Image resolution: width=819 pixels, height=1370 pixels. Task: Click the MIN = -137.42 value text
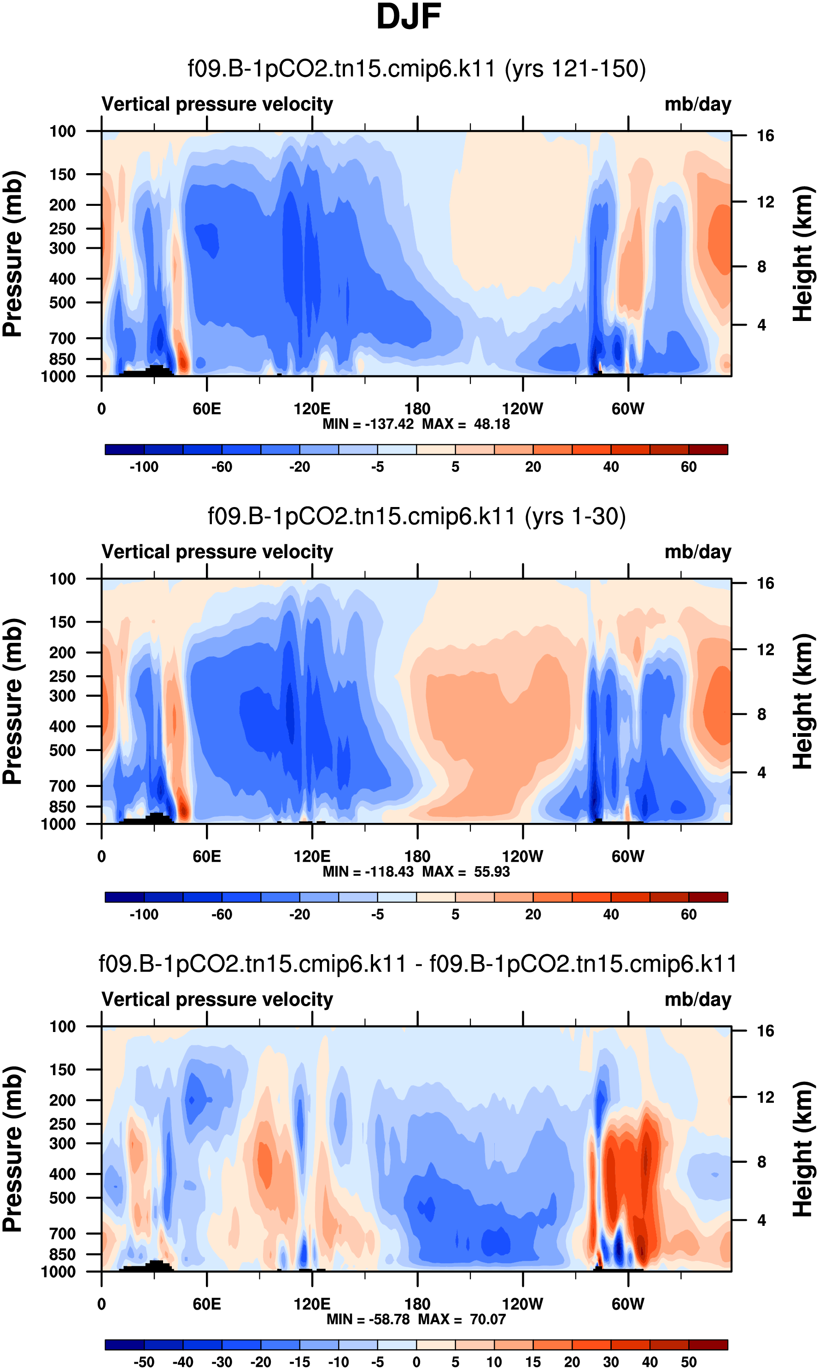(368, 424)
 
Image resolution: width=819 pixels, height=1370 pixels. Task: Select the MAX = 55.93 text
(466, 872)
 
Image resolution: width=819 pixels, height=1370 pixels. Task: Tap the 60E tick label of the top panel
(207, 409)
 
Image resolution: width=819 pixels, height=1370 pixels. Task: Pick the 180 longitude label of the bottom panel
(417, 1304)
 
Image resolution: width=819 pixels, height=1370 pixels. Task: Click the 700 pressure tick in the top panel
(62, 338)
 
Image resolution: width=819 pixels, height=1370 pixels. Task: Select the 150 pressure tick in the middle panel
(62, 622)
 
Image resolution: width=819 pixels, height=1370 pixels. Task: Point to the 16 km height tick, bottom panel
(765, 1031)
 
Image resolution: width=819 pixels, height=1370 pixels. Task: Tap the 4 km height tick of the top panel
(761, 325)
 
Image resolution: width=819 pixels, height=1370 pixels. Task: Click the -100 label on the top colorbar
(144, 467)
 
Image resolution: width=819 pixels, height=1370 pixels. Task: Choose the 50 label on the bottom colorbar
(688, 1362)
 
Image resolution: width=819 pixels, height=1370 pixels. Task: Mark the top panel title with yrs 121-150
(417, 69)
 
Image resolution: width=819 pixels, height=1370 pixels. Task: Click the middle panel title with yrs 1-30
(417, 516)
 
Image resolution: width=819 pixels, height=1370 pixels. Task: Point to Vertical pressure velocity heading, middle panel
(217, 552)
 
